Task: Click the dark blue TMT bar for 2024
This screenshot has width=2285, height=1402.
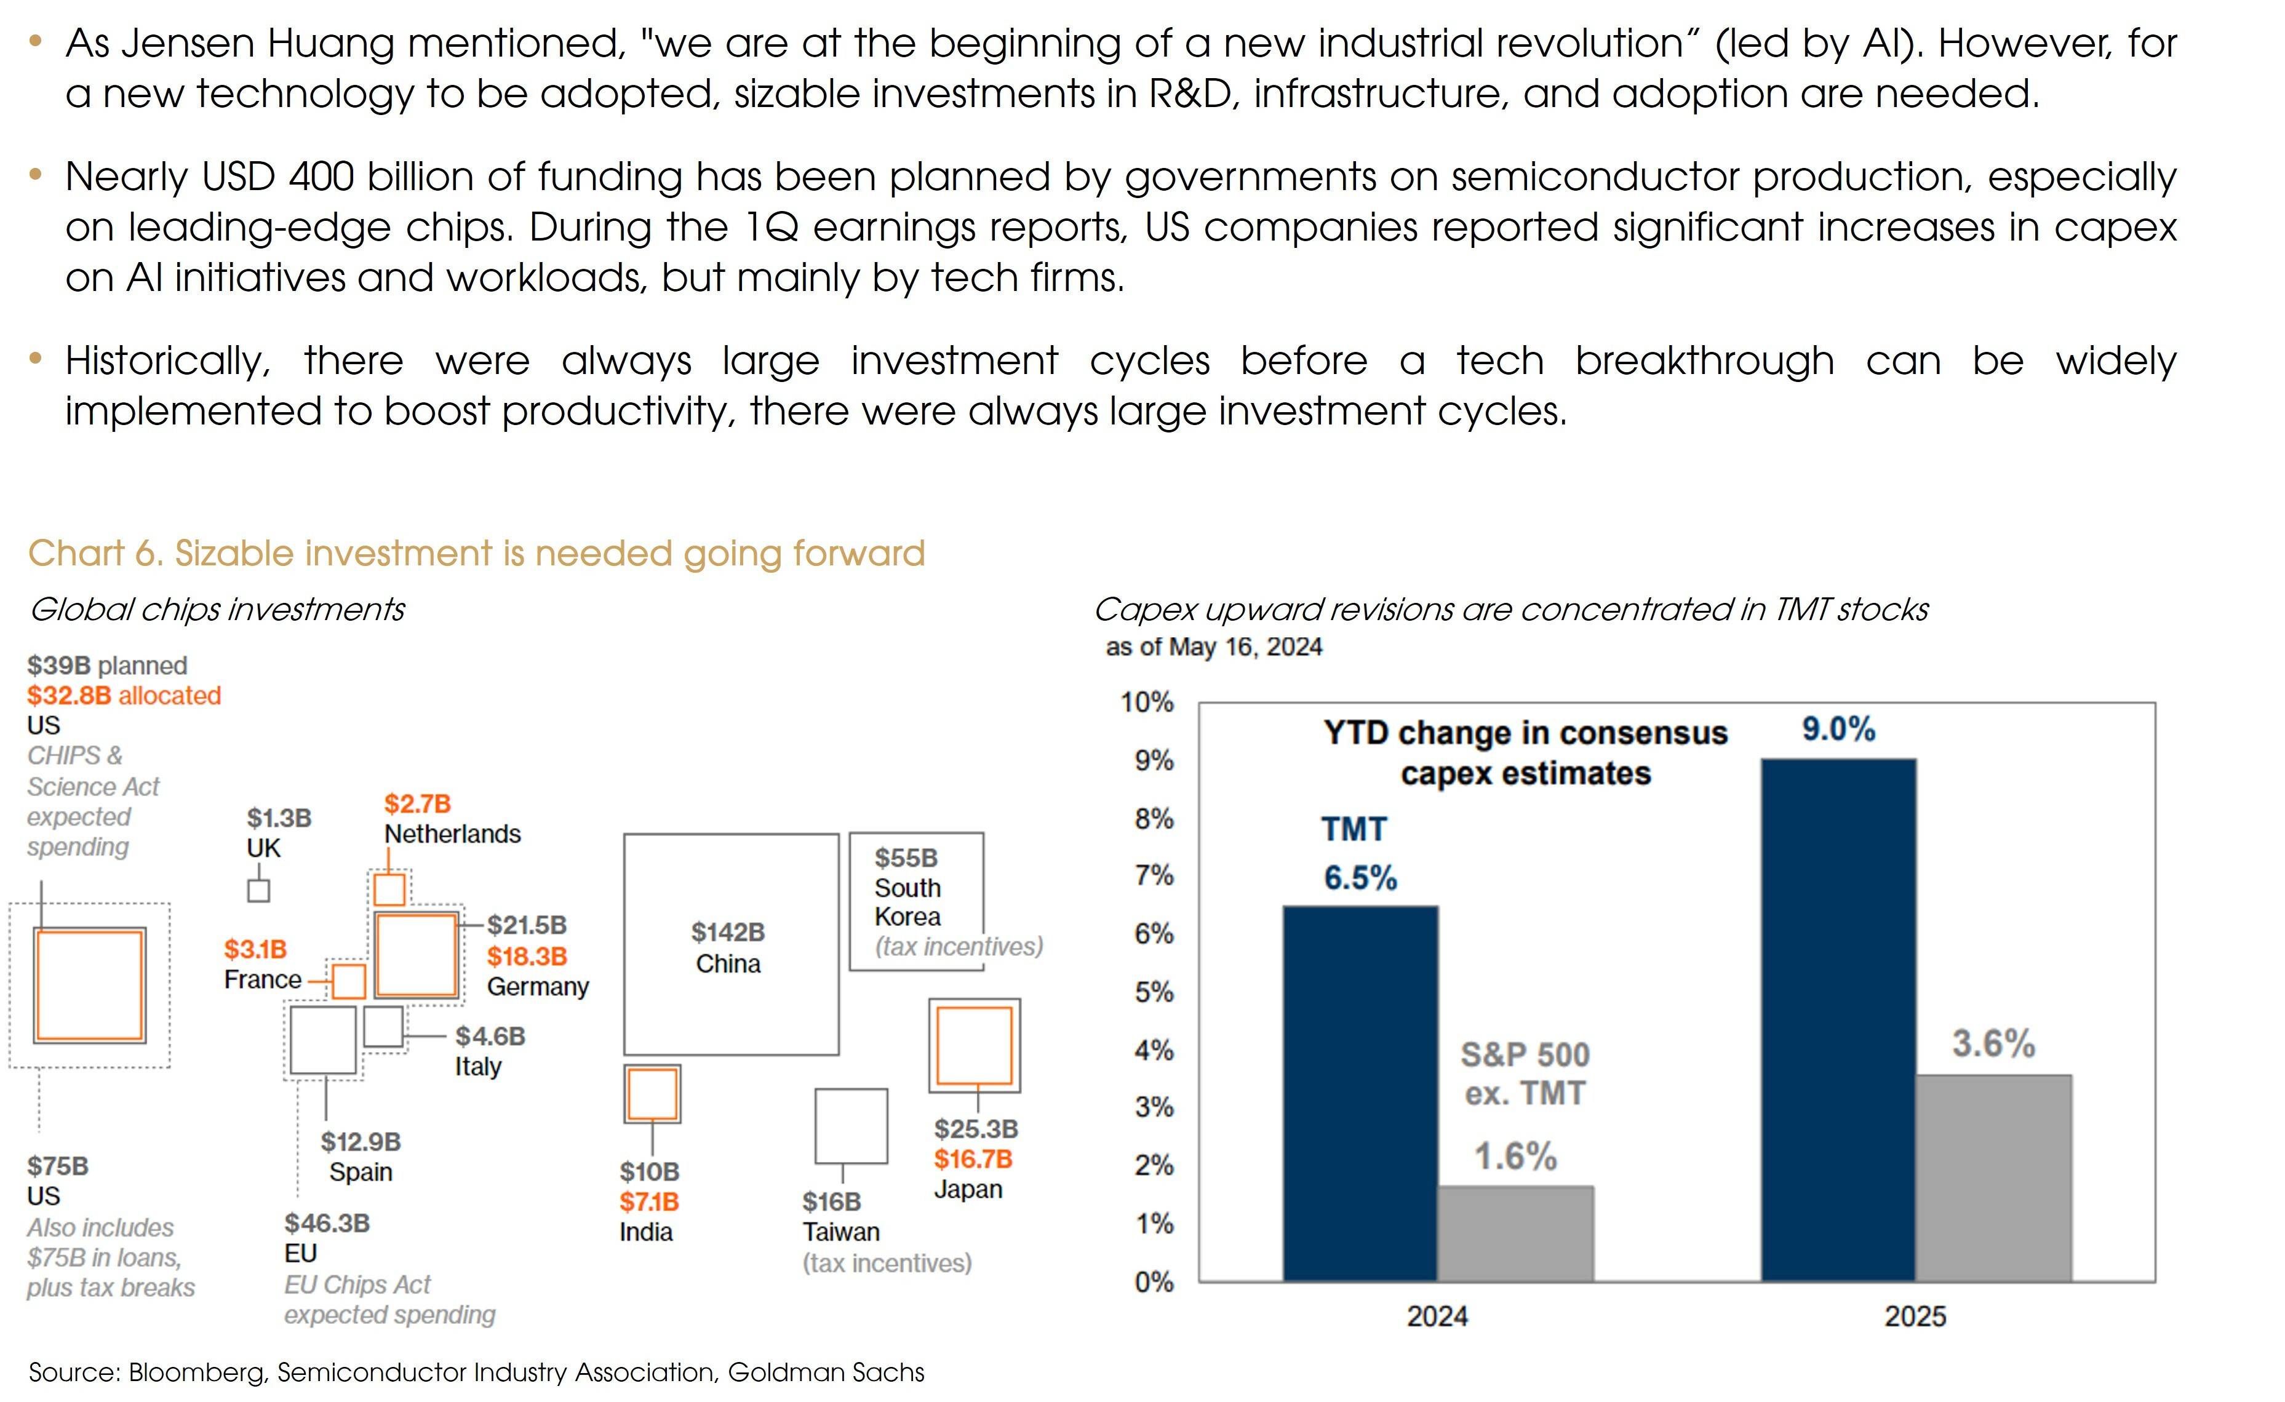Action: pos(1360,1094)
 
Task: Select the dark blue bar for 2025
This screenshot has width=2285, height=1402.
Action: pos(1838,1020)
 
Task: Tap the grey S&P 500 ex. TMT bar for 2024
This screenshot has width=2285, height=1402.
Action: pos(1515,1233)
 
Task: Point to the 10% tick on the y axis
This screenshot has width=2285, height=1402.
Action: pos(1147,703)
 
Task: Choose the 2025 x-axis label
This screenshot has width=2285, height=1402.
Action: pos(1915,1316)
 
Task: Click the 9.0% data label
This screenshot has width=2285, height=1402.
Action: pos(1838,730)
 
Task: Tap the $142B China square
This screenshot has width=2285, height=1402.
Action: pos(731,944)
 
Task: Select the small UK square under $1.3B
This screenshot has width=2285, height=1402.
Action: pos(259,891)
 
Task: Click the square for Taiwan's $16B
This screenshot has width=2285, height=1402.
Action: pos(850,1126)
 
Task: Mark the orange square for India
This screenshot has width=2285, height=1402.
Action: pos(652,1094)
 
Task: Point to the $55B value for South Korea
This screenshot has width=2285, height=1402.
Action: pos(906,858)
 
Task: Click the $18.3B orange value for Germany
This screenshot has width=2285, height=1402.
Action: pos(527,956)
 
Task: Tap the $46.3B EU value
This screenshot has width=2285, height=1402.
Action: pos(327,1223)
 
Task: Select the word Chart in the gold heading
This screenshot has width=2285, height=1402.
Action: pos(75,554)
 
